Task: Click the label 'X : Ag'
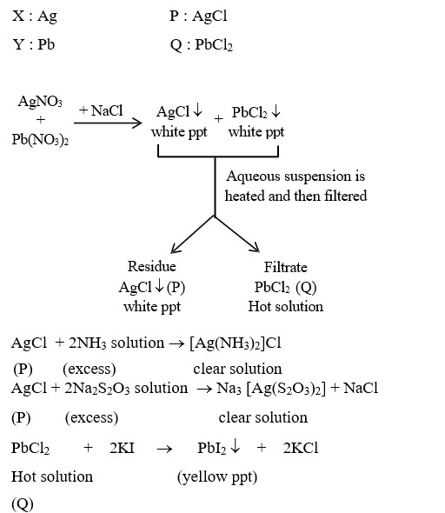pos(35,16)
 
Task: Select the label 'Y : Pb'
pos(34,44)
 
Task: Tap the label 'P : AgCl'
pos(199,16)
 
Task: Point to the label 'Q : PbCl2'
pos(202,44)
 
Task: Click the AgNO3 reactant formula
pos(40,102)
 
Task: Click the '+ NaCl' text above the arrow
pos(101,110)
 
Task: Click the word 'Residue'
pos(151,267)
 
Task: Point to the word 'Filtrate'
pos(285,267)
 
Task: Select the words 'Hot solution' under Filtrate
pos(285,306)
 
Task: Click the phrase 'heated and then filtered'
pos(296,196)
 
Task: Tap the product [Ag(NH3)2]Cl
pos(236,343)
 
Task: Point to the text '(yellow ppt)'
pos(217,476)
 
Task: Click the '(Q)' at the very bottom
pos(23,503)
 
